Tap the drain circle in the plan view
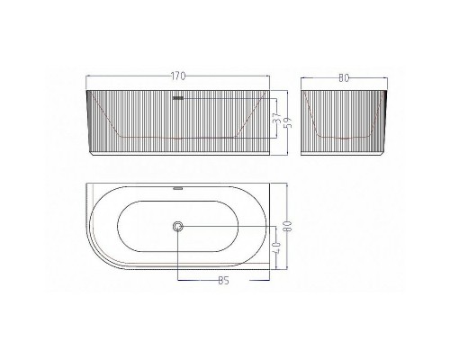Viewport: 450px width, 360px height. click(178, 228)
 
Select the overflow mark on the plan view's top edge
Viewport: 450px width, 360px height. click(177, 189)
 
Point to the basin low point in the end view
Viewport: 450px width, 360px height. click(344, 136)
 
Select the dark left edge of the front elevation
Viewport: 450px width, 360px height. click(88, 117)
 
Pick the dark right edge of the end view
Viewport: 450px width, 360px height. click(387, 117)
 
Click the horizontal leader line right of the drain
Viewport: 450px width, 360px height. click(225, 228)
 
